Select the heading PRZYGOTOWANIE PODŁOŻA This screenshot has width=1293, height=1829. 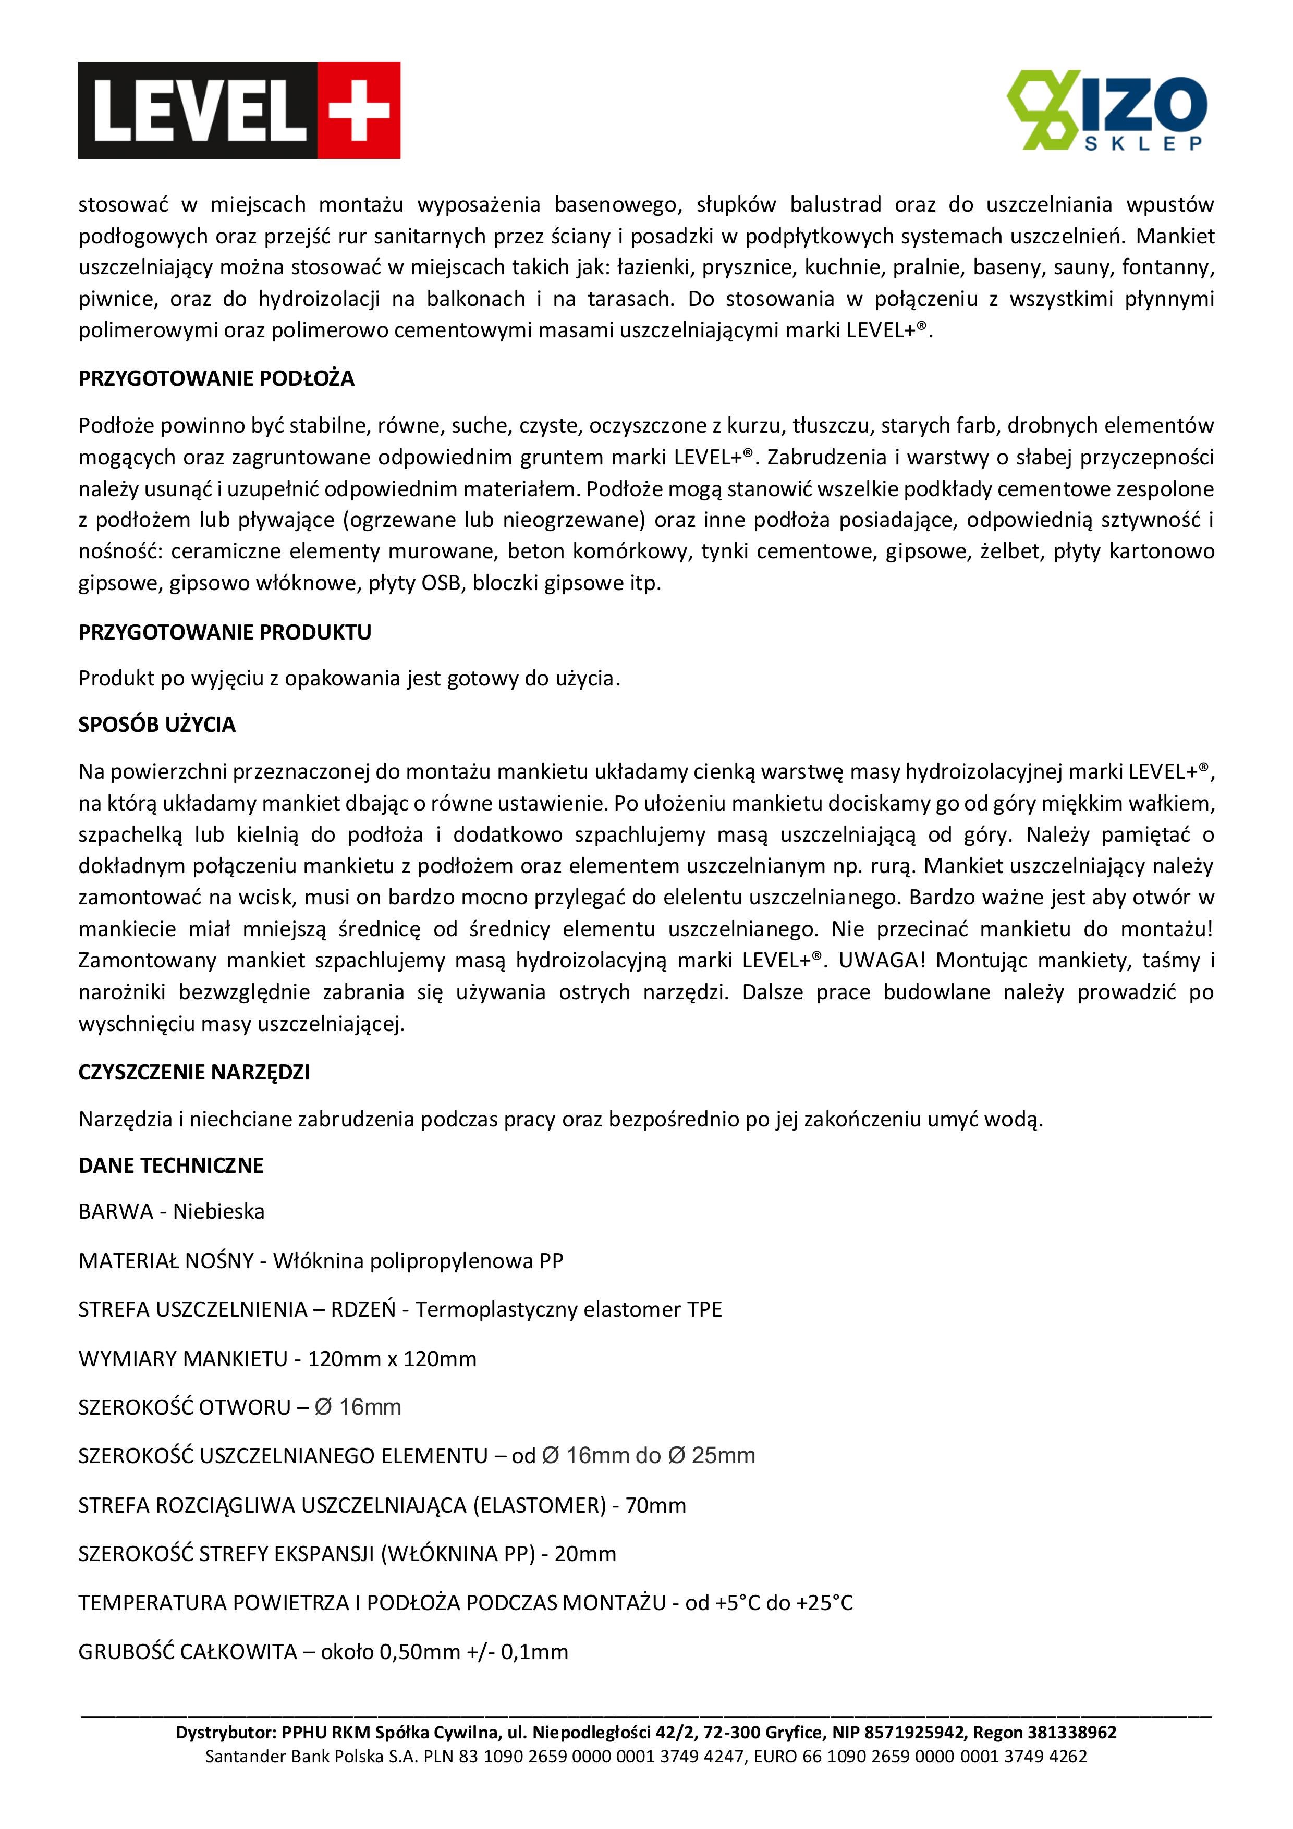point(216,378)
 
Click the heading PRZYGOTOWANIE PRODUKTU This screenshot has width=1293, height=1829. point(225,632)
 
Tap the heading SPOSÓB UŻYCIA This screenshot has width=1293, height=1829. point(157,725)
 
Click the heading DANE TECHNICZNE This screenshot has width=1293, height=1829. point(170,1165)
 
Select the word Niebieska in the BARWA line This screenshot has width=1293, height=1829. point(218,1212)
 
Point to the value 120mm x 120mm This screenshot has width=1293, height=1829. point(392,1358)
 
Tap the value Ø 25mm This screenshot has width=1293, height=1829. point(712,1455)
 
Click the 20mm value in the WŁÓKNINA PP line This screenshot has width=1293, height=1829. point(585,1553)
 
